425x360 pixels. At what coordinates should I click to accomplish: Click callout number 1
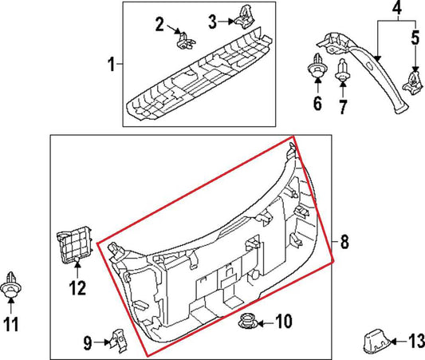tap(112, 63)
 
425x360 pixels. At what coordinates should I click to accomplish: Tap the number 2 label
tap(159, 25)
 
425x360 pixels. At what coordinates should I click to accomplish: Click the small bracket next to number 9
tap(116, 341)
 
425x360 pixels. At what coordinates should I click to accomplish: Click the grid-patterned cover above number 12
tap(73, 245)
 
